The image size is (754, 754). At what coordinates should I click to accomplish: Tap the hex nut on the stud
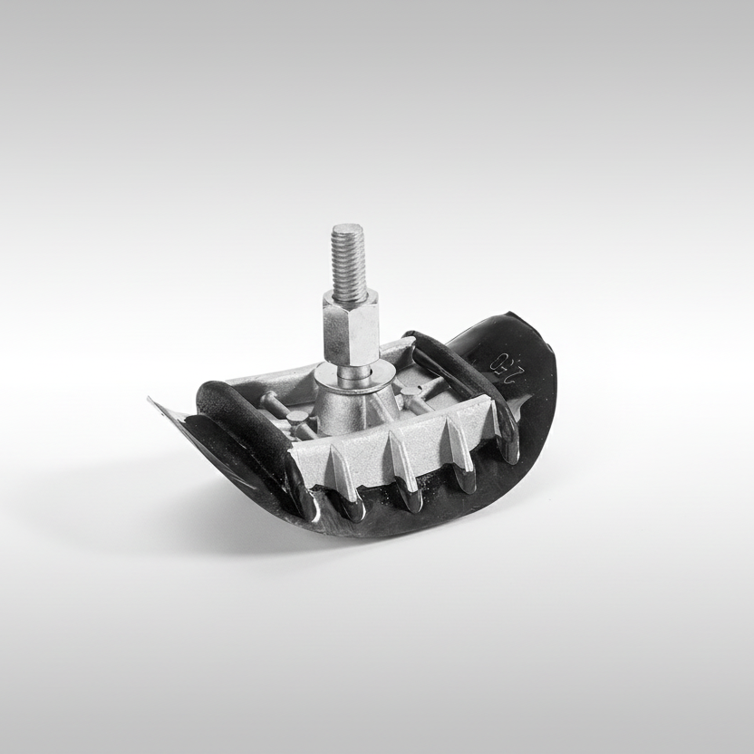(350, 332)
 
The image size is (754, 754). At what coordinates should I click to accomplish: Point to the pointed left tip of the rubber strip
(151, 400)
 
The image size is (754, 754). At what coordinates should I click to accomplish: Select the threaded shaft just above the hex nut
(349, 272)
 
